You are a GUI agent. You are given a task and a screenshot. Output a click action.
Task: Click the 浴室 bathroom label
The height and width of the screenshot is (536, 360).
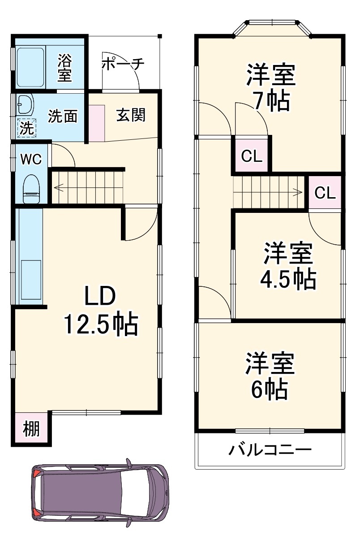(65, 67)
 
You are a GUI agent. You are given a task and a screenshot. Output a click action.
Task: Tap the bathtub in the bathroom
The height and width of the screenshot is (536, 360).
(30, 66)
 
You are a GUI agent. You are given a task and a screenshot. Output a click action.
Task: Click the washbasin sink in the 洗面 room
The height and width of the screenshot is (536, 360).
(25, 106)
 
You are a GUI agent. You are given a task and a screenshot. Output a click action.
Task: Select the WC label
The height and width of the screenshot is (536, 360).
(31, 159)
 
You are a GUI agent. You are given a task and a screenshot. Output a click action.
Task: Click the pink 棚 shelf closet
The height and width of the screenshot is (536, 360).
(31, 429)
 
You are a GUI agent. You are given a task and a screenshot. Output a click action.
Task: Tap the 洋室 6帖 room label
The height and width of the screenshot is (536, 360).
(269, 376)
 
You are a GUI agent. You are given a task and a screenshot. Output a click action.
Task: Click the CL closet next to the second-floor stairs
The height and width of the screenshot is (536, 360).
(325, 193)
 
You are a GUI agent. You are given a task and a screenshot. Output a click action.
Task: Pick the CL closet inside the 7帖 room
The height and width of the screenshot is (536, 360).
(251, 156)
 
